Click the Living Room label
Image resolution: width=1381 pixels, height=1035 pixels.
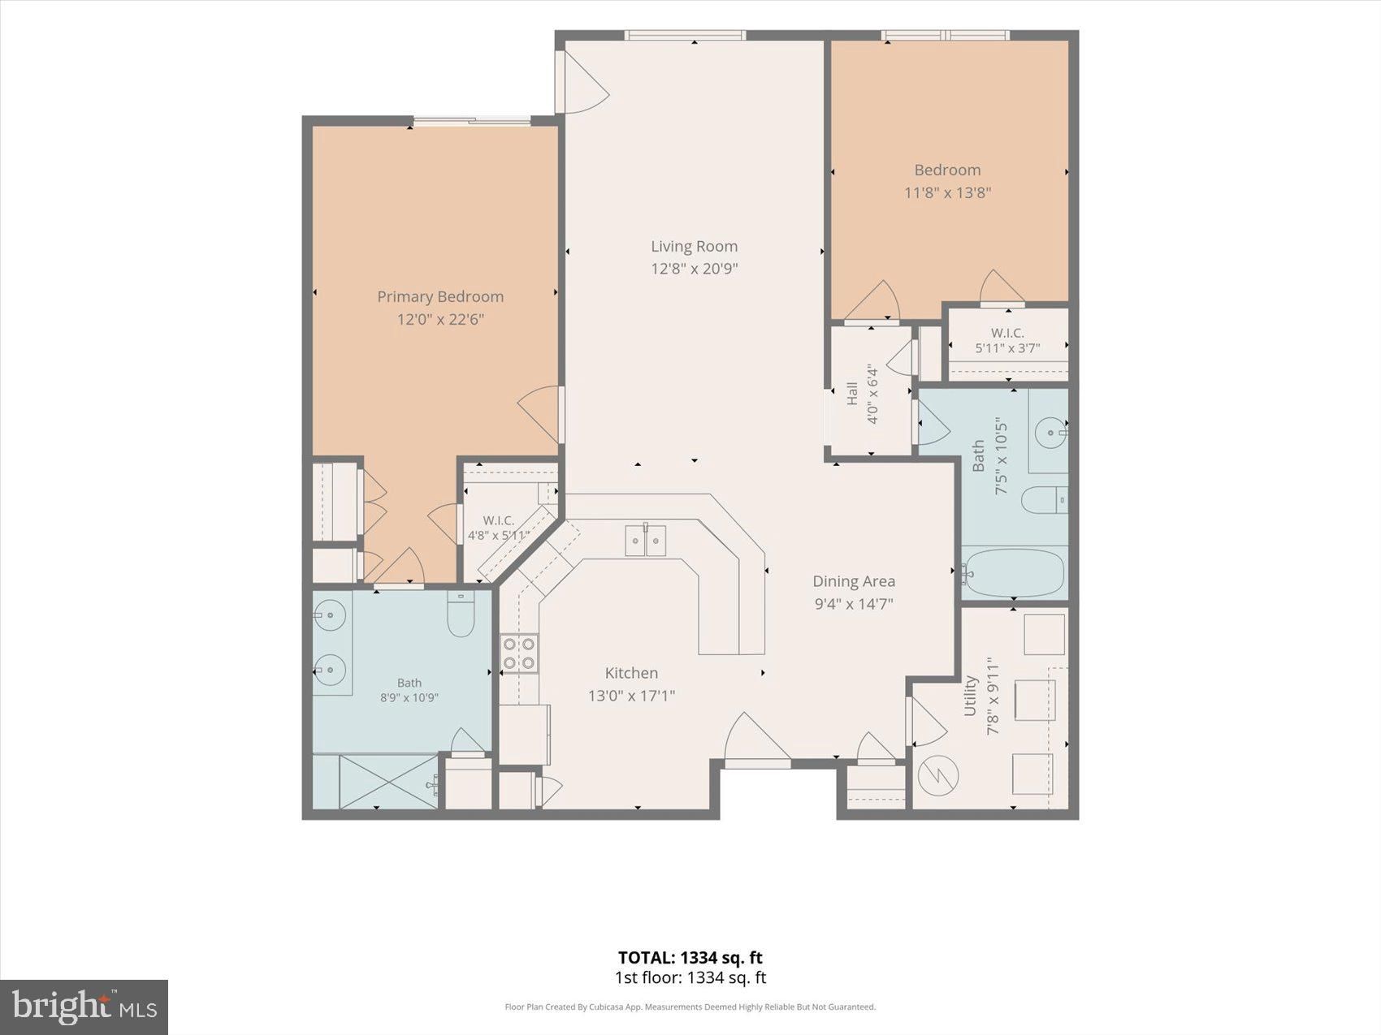(x=694, y=246)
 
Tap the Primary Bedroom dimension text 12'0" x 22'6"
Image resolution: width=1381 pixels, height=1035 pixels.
(x=440, y=319)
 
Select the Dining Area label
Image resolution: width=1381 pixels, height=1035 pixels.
(x=854, y=581)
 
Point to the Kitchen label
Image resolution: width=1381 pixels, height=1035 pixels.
(x=631, y=673)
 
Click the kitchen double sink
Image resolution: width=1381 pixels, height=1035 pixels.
(x=646, y=541)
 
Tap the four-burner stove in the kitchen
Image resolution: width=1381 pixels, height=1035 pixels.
(x=519, y=653)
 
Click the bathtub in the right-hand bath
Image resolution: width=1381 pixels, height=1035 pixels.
(x=1013, y=573)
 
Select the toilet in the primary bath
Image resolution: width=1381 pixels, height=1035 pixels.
(x=461, y=615)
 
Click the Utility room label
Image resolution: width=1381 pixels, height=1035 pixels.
(x=970, y=696)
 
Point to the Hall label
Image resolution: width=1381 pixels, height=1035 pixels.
(x=852, y=395)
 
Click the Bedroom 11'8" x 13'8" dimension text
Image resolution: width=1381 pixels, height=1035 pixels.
(x=948, y=193)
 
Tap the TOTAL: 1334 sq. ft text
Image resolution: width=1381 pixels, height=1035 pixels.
(x=690, y=958)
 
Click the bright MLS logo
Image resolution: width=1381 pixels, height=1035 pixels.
(x=84, y=1007)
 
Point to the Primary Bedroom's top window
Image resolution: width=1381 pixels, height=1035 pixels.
(x=472, y=122)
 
